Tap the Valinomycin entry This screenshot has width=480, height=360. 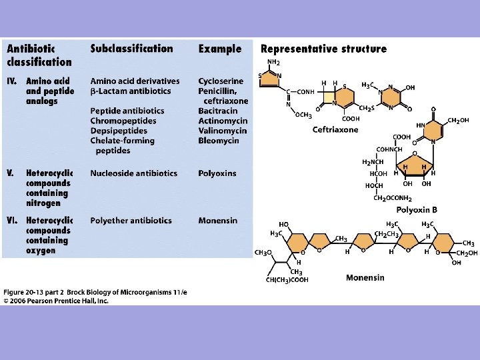(223, 131)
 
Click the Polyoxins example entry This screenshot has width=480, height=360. (217, 173)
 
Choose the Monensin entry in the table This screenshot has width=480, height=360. (217, 221)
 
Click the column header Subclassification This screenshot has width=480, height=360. (131, 49)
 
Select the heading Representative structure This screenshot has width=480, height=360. (323, 49)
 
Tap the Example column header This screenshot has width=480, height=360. (220, 49)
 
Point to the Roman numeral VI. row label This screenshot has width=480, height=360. (13, 221)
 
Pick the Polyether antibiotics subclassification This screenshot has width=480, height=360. (131, 221)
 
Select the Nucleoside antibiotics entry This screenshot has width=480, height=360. (134, 173)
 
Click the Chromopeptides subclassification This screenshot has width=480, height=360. (123, 121)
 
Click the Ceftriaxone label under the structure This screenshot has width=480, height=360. (335, 129)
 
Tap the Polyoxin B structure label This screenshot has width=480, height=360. (417, 209)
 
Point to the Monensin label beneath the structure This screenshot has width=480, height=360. (365, 277)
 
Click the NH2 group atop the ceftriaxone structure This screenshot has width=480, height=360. (273, 62)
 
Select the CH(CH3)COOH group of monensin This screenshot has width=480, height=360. (287, 280)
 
